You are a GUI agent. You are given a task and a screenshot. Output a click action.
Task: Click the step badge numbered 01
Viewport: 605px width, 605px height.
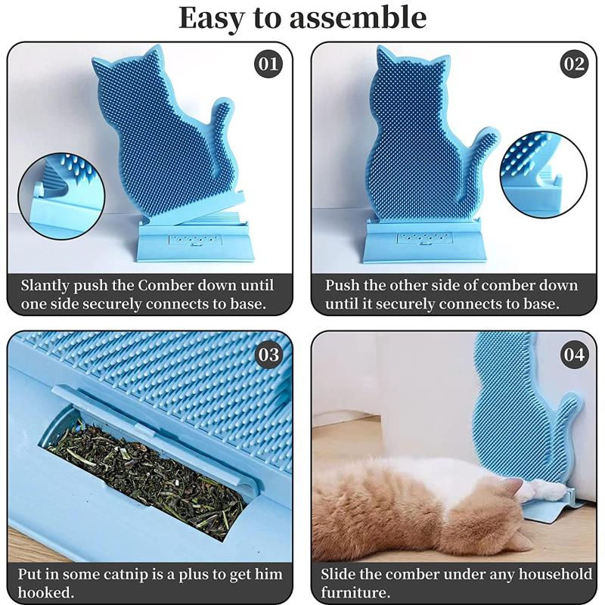coord(268,64)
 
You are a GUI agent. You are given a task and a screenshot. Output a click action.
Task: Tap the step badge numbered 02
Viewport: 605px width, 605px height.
coord(573,64)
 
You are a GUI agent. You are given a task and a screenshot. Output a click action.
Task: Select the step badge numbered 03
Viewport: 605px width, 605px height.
coord(268,354)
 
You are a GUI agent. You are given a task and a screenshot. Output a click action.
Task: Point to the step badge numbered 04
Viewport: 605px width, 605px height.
coord(573,354)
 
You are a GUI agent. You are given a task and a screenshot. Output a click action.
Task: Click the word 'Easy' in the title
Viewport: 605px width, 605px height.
coord(215,18)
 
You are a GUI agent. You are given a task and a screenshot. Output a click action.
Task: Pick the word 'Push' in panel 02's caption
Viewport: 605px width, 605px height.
coord(342,286)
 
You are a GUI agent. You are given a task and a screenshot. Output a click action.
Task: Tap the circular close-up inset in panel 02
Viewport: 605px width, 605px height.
coord(543,174)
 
